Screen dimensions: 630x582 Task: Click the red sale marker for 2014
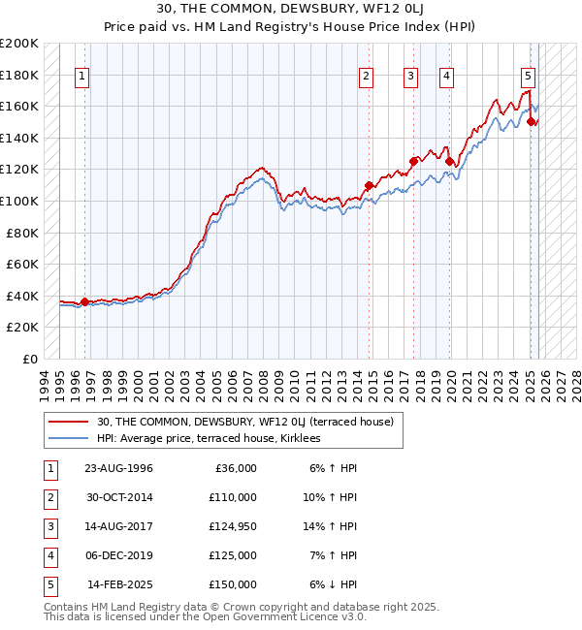tap(369, 185)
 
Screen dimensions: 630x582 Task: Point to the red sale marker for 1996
tap(84, 301)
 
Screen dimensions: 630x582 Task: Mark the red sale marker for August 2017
tap(414, 161)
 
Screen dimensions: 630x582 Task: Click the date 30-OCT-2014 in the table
tap(118, 496)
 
